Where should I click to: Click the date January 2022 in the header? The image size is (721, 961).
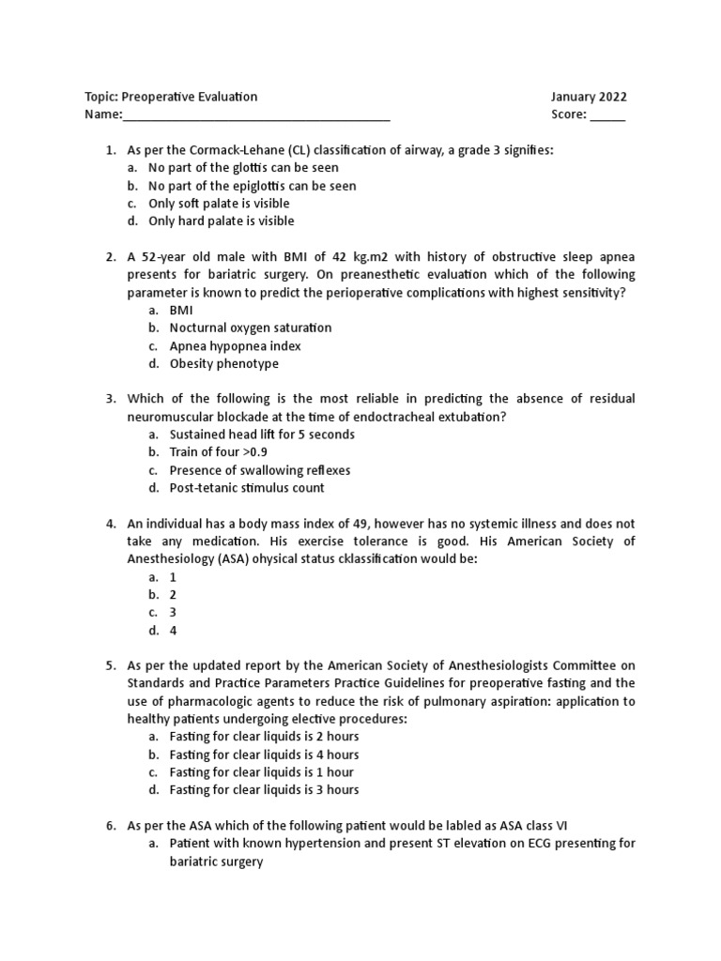(589, 97)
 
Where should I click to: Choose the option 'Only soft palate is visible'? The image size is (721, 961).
(219, 204)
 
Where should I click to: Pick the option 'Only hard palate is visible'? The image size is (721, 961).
(221, 221)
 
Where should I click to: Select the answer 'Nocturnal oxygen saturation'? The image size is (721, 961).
(250, 328)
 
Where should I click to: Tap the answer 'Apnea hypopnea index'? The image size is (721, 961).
(235, 346)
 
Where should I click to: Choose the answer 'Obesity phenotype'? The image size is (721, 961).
(223, 364)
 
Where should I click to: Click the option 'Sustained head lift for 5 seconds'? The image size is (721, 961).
(262, 435)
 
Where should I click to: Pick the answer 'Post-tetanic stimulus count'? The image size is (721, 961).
(247, 488)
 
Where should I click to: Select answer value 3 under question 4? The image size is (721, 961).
(173, 613)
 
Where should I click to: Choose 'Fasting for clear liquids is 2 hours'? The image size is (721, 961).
(264, 737)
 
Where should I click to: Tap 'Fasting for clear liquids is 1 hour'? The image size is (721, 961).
(261, 772)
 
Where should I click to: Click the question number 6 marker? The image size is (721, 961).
(110, 826)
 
